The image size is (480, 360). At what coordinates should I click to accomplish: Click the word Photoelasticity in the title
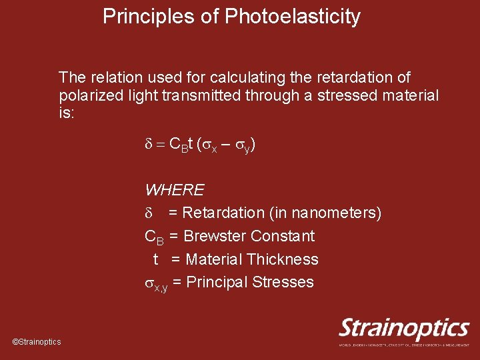click(x=293, y=17)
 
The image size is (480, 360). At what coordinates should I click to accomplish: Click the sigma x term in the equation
click(x=211, y=145)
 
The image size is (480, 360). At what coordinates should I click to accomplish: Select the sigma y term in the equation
click(x=244, y=145)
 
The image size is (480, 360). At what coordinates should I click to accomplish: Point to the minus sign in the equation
click(x=227, y=144)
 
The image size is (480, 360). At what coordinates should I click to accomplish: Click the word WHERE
click(x=175, y=190)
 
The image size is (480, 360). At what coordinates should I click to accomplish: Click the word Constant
click(x=283, y=236)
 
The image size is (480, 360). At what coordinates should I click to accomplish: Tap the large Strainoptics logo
click(x=404, y=329)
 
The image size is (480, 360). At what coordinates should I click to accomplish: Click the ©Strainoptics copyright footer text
click(x=37, y=342)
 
